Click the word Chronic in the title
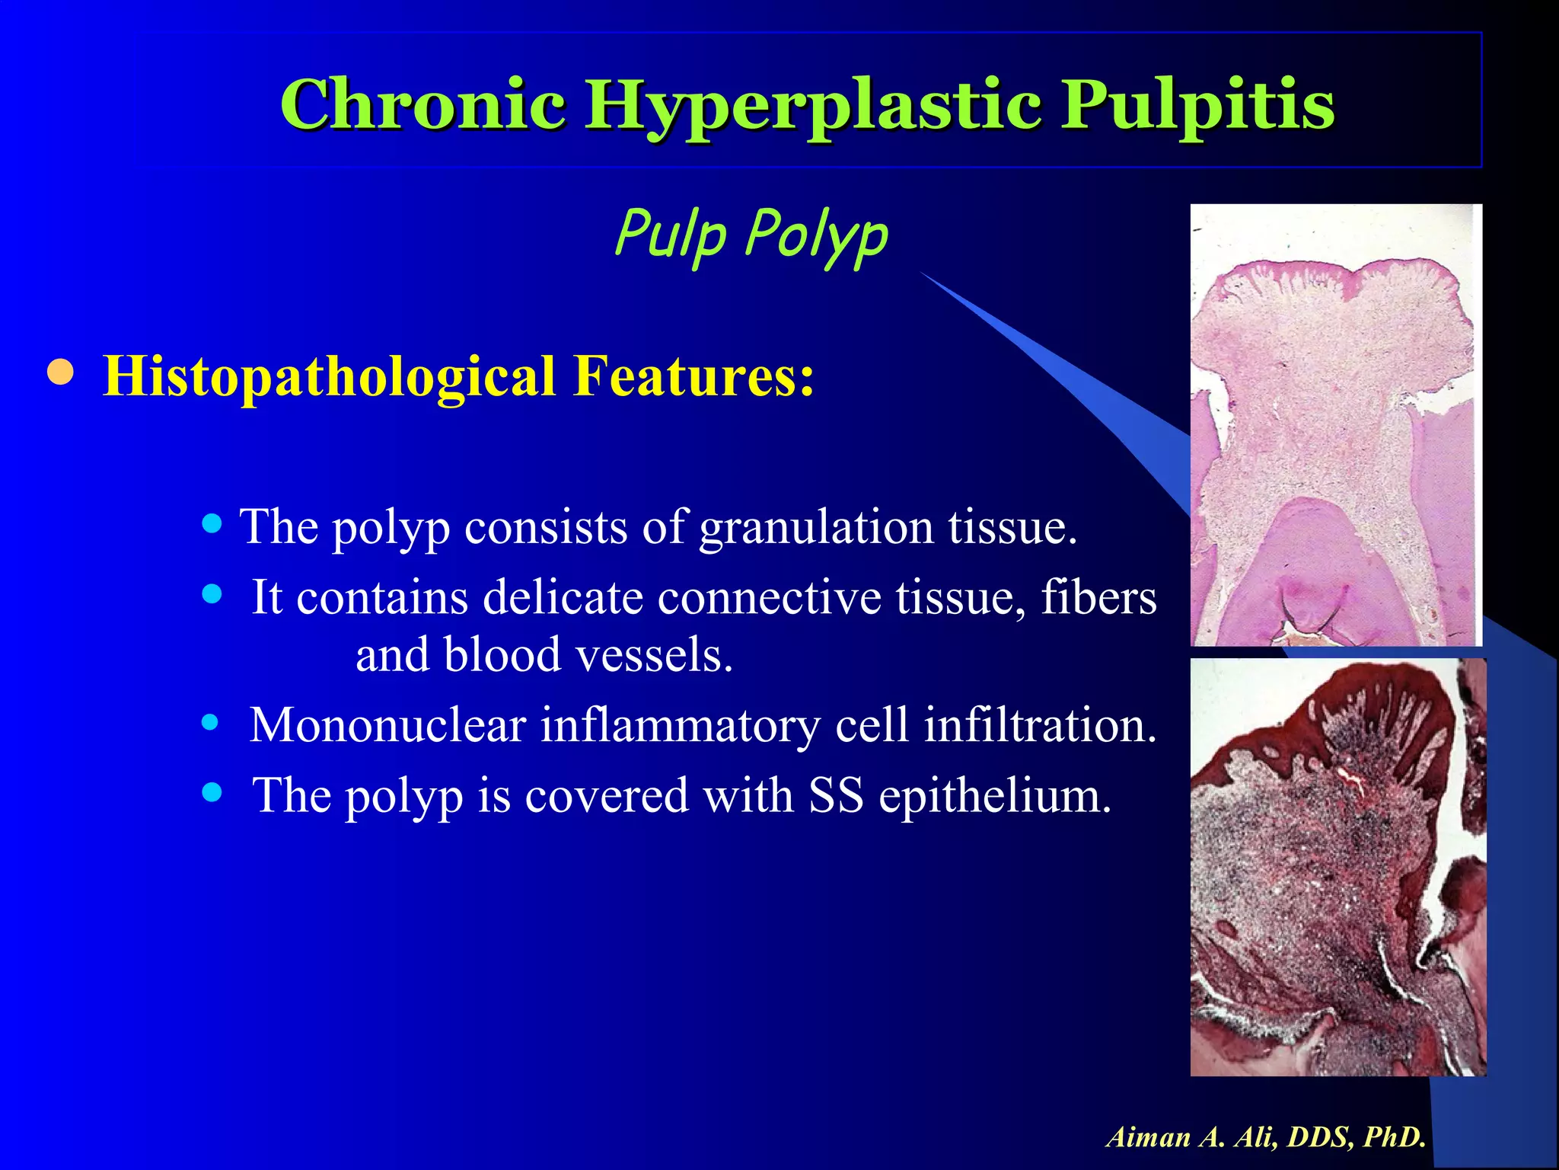point(422,104)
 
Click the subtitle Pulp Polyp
point(751,233)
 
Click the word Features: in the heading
point(693,376)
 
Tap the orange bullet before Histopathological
point(60,373)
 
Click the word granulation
point(816,526)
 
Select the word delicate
point(563,596)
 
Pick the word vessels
point(654,654)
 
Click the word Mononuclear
point(387,724)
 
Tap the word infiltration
point(1040,724)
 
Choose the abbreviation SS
point(836,795)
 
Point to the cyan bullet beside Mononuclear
point(211,721)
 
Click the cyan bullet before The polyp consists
point(212,523)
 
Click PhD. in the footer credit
point(1395,1137)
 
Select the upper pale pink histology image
point(1335,425)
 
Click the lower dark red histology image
point(1337,867)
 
